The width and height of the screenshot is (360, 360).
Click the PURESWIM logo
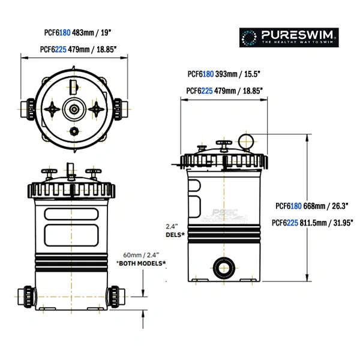coord(290,37)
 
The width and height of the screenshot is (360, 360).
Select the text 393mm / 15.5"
coord(239,75)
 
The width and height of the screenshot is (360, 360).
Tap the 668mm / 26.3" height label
coord(326,206)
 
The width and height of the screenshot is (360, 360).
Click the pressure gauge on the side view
coord(246,140)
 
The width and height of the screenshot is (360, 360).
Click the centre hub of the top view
coord(74,109)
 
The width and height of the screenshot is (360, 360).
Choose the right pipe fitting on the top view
coord(119,109)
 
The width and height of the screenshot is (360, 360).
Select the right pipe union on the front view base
coord(115,296)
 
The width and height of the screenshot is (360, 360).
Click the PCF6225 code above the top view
coord(53,50)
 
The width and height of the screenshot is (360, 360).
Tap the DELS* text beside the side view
coord(174,235)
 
